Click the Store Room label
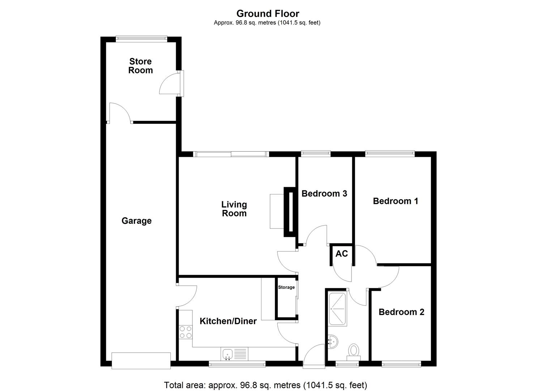140,66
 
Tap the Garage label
136,221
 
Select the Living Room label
234,209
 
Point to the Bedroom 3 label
324,194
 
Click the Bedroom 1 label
395,201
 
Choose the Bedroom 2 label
401,312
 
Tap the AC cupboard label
341,254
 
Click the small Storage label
286,287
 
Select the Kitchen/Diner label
228,321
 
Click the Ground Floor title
268,14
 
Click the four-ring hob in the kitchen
186,332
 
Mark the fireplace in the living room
290,212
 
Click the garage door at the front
141,361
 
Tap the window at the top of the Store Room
141,38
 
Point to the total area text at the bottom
265,385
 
